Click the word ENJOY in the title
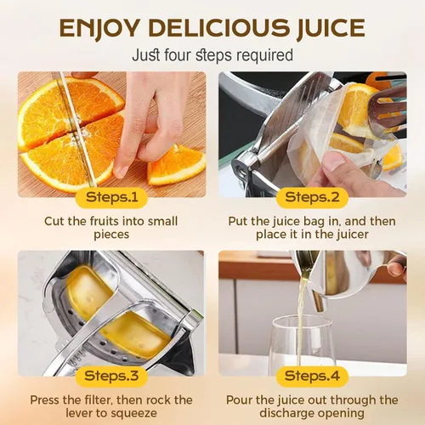tap(99, 28)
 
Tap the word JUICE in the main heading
tap(331, 28)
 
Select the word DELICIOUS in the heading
tap(218, 28)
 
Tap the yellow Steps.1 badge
tap(111, 197)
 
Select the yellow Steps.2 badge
tap(312, 197)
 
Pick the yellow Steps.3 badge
tap(111, 377)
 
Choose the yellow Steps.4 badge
tap(312, 377)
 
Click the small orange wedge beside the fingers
tap(176, 166)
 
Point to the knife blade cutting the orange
tap(75, 127)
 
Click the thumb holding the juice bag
tap(336, 162)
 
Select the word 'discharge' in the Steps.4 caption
tap(287, 413)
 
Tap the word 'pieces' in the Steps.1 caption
tap(111, 235)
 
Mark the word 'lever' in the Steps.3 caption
tap(78, 413)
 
